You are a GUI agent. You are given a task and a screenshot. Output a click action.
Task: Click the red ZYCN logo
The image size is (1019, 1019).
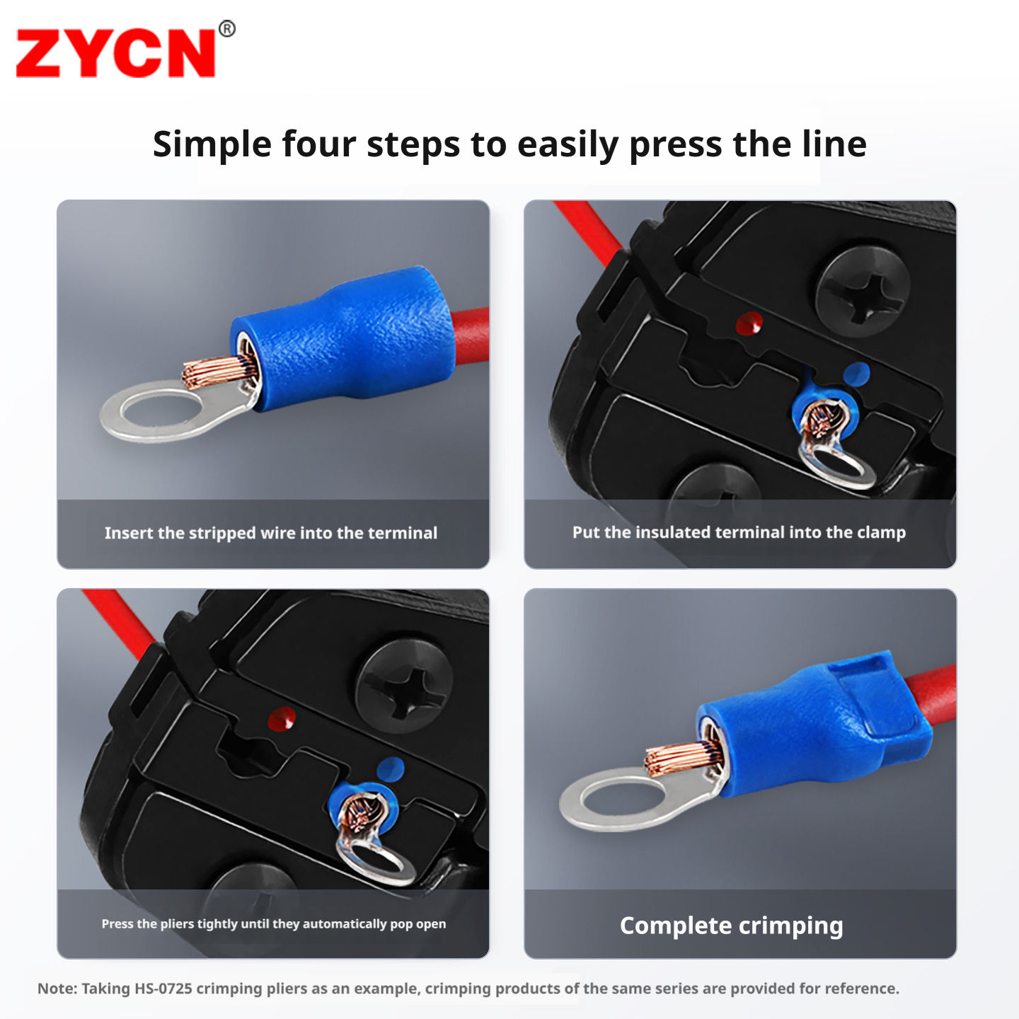(x=115, y=53)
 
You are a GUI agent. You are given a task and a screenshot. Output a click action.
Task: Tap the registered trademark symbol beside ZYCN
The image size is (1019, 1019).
(x=227, y=28)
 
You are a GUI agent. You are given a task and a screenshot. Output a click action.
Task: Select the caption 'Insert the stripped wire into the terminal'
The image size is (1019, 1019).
(x=271, y=533)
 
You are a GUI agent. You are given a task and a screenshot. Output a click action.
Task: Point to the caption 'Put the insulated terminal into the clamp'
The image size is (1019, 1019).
(x=739, y=532)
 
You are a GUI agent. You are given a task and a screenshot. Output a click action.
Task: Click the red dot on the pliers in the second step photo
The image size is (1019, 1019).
(x=749, y=323)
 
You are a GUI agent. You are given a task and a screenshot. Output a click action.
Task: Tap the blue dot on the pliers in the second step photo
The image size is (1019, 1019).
(x=856, y=374)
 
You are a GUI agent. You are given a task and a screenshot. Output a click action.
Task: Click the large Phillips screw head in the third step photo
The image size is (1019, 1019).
(x=404, y=686)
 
